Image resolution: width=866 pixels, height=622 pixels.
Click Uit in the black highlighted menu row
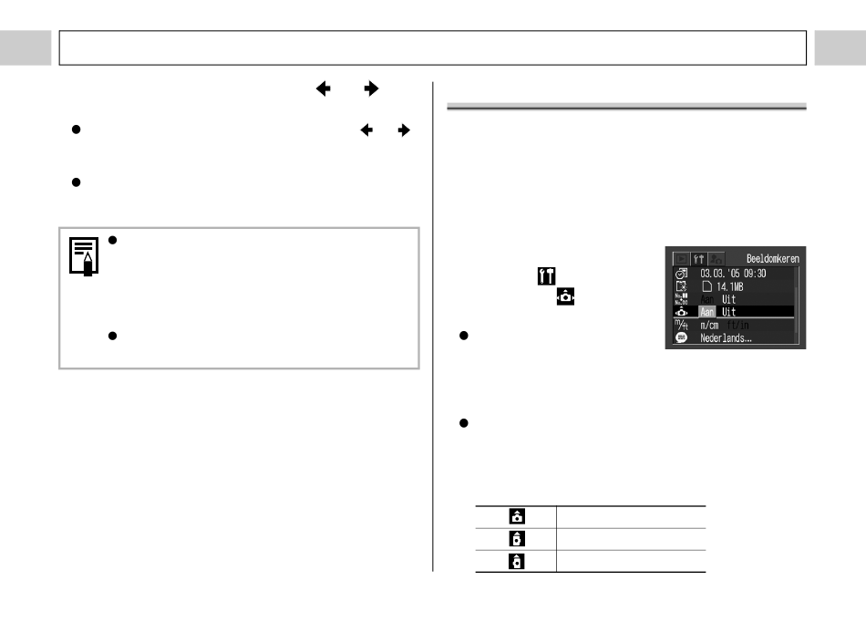click(x=729, y=311)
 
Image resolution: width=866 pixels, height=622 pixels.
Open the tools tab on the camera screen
click(x=697, y=259)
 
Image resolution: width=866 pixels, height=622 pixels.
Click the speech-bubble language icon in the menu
click(x=680, y=337)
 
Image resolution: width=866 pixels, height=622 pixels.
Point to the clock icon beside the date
click(x=680, y=272)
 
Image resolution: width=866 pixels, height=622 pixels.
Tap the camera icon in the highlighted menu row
click(x=680, y=311)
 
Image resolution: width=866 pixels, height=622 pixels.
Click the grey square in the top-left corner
click(x=25, y=48)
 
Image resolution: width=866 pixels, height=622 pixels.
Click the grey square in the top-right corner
click(x=840, y=48)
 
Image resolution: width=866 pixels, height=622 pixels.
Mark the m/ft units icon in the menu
click(x=680, y=325)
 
